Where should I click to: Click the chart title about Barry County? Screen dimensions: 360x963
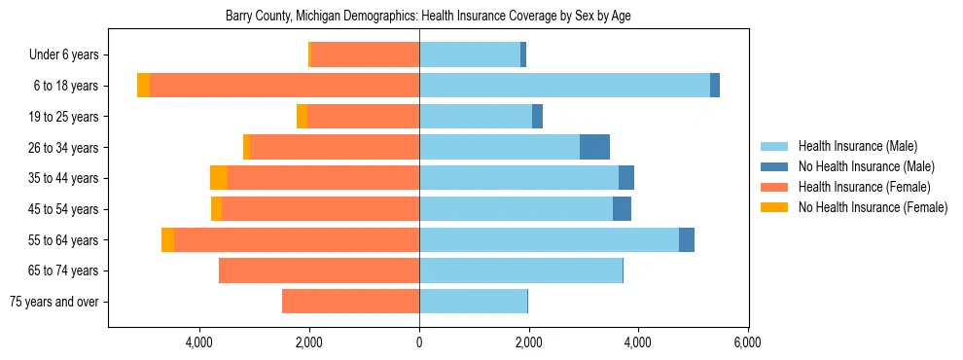(428, 17)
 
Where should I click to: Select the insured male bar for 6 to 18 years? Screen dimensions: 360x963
(564, 86)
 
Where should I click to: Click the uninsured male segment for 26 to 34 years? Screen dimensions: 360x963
(594, 147)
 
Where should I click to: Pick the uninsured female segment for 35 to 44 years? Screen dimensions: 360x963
(219, 178)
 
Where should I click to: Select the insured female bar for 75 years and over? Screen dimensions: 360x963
(350, 302)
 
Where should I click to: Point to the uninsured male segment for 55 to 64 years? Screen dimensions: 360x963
(687, 239)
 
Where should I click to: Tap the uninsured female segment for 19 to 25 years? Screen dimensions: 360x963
(302, 117)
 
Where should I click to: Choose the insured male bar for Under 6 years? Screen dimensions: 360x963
(470, 54)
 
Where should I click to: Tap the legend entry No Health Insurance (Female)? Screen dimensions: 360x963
(872, 207)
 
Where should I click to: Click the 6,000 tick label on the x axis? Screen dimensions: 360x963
(748, 342)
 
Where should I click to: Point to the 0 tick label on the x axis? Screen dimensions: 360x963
(419, 342)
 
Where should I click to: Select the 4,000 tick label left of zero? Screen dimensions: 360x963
(199, 342)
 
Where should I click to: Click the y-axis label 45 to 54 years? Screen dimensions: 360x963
(63, 209)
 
